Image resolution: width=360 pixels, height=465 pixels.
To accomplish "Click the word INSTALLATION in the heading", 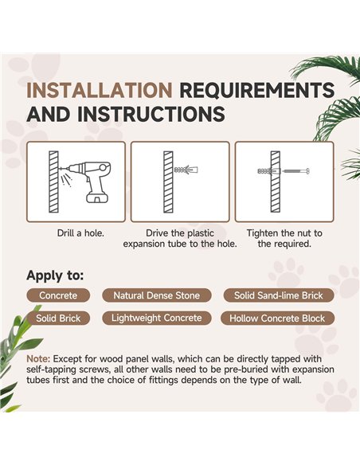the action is tap(100, 90).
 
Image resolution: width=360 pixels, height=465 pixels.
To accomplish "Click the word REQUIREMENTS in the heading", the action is tap(257, 90).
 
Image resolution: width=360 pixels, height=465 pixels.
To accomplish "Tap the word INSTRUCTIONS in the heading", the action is tap(151, 114).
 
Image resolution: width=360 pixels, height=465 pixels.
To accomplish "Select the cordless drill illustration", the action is tap(86, 182).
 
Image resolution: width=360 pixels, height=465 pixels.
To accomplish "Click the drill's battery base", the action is tap(97, 197).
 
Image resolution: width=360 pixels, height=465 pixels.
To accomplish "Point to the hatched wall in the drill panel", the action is tap(53, 182).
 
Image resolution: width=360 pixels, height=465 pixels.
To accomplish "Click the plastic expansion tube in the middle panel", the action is tap(186, 170).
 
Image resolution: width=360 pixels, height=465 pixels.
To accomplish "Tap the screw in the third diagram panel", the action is tap(296, 171).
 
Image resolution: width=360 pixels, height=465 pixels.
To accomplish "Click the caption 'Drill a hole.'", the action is tap(80, 233).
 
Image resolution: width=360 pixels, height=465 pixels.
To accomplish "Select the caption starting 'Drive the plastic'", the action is tap(180, 238).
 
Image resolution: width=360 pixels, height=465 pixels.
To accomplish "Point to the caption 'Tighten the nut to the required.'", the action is tap(284, 238).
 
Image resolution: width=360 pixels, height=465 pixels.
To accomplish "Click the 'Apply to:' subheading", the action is tap(55, 275).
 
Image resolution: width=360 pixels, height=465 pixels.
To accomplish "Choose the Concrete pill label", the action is tap(58, 295).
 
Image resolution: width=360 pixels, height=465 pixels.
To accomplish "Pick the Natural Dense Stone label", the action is tap(157, 295).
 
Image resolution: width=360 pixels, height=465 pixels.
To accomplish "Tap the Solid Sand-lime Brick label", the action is tap(279, 295).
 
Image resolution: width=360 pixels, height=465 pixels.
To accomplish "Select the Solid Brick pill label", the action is tap(58, 318).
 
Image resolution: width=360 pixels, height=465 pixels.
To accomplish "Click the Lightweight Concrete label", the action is tap(157, 318).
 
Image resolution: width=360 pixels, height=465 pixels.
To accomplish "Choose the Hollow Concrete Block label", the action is tap(277, 318).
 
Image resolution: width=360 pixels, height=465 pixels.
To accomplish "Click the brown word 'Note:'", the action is tap(38, 359).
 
